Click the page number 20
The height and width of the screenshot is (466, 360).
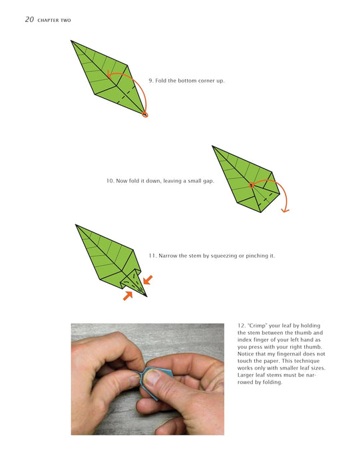pyautogui.click(x=29, y=19)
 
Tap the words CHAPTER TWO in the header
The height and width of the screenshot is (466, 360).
pyautogui.click(x=54, y=20)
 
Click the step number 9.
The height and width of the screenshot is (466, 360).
pyautogui.click(x=150, y=81)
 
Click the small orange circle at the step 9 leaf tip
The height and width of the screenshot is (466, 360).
pyautogui.click(x=145, y=115)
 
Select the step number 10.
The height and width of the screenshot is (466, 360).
pyautogui.click(x=110, y=180)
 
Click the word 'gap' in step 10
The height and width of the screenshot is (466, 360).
pyautogui.click(x=208, y=181)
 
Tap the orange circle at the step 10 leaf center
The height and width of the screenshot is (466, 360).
pyautogui.click(x=252, y=185)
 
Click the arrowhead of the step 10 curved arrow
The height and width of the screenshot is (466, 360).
pyautogui.click(x=285, y=211)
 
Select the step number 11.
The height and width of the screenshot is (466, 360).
pyautogui.click(x=152, y=256)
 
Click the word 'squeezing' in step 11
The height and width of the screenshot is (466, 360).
pyautogui.click(x=223, y=256)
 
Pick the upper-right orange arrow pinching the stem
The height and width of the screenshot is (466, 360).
pyautogui.click(x=148, y=280)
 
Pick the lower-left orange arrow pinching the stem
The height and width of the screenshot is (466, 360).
pyautogui.click(x=128, y=296)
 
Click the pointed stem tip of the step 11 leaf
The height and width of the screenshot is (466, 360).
pyautogui.click(x=146, y=296)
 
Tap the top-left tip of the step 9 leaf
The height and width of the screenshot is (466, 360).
pyautogui.click(x=71, y=41)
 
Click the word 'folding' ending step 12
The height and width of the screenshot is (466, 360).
pyautogui.click(x=271, y=383)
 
